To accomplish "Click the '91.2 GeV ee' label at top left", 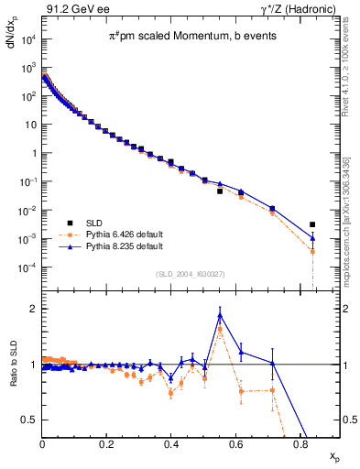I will (74, 8).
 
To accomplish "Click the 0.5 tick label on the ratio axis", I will (29, 420).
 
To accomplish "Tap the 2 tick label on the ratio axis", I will (33, 309).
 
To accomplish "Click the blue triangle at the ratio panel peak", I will (220, 315).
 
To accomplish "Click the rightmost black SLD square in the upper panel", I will (312, 224).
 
